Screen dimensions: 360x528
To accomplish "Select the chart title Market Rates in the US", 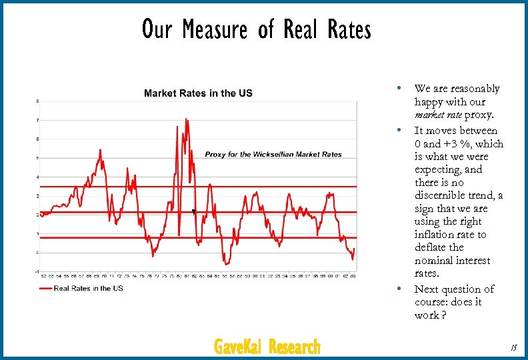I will (198, 93).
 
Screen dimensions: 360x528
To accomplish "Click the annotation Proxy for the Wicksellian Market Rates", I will (273, 154).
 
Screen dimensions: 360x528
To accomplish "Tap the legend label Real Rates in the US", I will (88, 288).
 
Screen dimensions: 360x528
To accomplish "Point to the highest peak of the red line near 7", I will (187, 119).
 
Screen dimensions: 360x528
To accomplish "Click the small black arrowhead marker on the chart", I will (193, 211).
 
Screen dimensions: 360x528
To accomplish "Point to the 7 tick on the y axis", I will (37, 120).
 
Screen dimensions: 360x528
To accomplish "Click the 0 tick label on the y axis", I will (37, 253).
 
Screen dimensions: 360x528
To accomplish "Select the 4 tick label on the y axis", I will (37, 177).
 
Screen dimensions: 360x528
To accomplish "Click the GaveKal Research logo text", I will (267, 347).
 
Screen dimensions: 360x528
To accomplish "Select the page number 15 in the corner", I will (513, 347).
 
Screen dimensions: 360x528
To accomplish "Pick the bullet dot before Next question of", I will (398, 289).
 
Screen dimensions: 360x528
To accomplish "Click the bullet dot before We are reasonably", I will (398, 88).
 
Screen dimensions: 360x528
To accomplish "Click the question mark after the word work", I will (443, 315).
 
